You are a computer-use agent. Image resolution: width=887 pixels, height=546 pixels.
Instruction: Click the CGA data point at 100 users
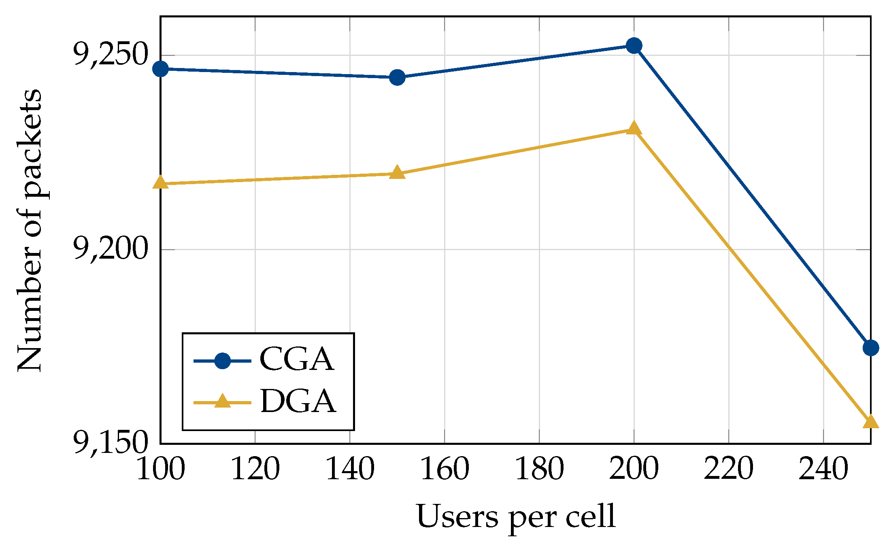tap(161, 69)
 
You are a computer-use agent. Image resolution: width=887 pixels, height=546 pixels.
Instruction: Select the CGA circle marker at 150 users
tap(397, 77)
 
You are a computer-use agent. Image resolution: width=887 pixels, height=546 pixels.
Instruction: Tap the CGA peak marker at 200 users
tap(634, 46)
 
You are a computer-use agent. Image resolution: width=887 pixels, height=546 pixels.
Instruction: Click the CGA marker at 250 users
tap(870, 348)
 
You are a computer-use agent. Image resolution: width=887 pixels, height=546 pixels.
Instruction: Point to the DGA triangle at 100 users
tap(161, 183)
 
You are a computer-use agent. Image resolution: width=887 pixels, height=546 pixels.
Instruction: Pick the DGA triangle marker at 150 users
tap(397, 173)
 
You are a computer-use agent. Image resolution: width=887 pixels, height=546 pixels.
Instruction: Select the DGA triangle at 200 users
tap(634, 129)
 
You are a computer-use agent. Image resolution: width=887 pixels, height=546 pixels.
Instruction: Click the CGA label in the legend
tap(297, 359)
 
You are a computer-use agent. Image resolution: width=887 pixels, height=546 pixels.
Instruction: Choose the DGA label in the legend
tap(298, 402)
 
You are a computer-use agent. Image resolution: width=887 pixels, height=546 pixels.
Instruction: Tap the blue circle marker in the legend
tap(222, 361)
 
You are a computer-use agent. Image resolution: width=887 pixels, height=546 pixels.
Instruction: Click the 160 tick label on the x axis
tap(445, 469)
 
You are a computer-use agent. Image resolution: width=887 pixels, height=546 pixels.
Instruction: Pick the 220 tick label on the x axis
tap(729, 469)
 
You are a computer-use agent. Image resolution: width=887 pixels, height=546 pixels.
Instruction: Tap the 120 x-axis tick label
tap(255, 469)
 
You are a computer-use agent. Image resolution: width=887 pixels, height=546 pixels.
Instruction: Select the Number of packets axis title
tap(29, 230)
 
